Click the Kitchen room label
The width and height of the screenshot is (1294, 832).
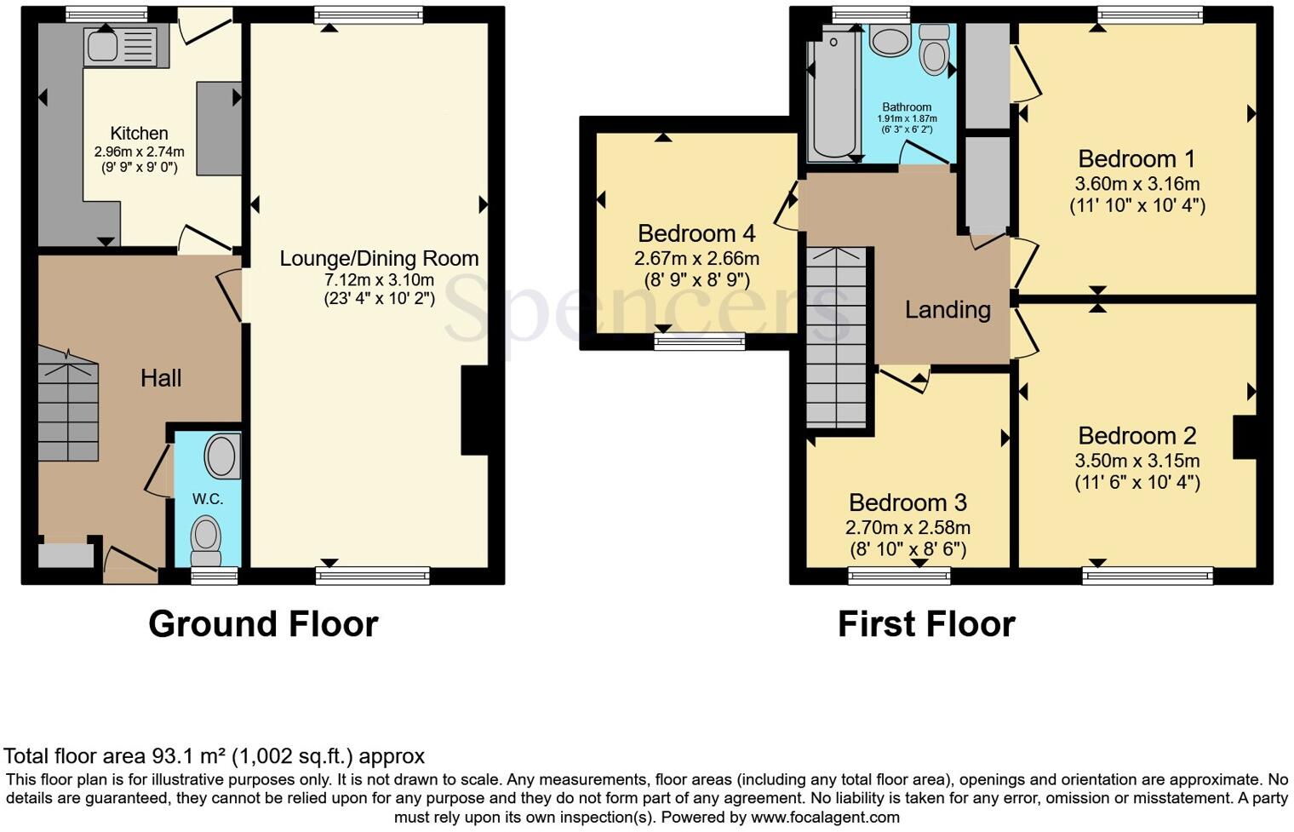pos(139,134)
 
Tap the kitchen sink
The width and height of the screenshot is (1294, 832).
pos(120,45)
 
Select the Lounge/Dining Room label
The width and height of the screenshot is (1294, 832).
pos(379,258)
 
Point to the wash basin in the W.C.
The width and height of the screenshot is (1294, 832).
pos(221,456)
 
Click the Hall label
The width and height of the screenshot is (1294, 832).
pos(161,378)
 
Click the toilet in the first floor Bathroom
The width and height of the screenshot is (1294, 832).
pos(934,49)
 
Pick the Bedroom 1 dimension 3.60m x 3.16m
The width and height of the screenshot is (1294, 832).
pos(1137,184)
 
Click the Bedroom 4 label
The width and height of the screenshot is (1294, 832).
pos(696,233)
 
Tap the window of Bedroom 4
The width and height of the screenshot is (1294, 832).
pos(699,341)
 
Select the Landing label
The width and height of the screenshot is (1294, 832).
pos(948,310)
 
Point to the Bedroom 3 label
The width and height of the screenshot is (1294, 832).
pos(908,502)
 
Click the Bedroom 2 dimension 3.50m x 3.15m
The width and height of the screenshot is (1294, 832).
pos(1137,461)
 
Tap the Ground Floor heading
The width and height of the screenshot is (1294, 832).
pos(263,624)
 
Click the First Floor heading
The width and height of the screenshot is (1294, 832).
pos(926,624)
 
